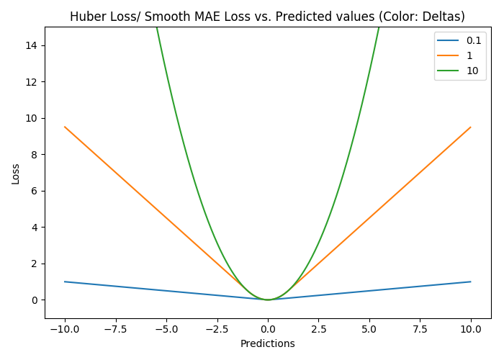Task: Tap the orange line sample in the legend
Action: click(448, 55)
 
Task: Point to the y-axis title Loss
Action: click(15, 174)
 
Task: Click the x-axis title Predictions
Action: click(267, 343)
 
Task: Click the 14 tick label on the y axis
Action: click(31, 45)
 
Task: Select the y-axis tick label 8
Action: click(35, 155)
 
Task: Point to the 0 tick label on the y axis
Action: click(35, 300)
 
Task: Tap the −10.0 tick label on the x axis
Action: click(65, 330)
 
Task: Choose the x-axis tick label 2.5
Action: click(318, 330)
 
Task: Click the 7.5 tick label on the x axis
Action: click(420, 330)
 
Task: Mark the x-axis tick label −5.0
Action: click(166, 330)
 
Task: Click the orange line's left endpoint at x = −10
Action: click(65, 127)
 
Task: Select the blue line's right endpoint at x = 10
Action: click(471, 282)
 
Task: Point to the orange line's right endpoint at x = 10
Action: click(471, 127)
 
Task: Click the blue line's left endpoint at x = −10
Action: click(65, 282)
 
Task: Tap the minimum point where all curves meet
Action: click(268, 300)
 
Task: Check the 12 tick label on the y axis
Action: click(31, 82)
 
